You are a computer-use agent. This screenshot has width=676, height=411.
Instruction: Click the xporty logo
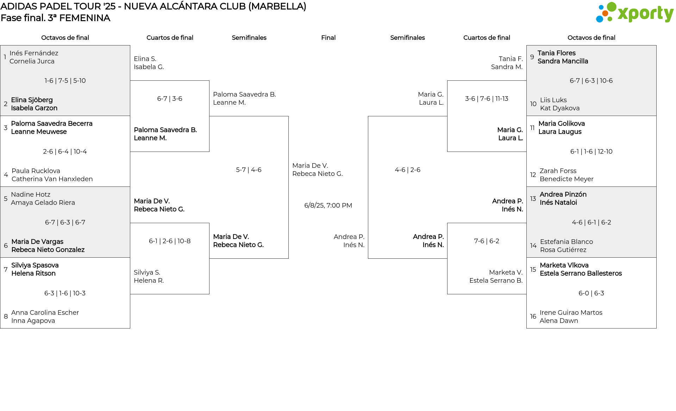coord(634,13)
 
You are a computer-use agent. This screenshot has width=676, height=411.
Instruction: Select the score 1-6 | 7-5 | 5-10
coord(65,81)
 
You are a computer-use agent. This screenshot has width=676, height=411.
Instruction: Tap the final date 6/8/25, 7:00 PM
coord(328,205)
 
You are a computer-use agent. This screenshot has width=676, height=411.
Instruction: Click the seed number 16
coord(533,317)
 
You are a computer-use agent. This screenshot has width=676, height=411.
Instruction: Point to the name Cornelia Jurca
coord(32,61)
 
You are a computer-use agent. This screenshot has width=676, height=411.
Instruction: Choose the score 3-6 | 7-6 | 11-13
coord(487,99)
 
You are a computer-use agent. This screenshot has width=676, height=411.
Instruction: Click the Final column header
coord(328,38)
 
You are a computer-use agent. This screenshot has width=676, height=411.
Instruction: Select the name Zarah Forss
coord(558,171)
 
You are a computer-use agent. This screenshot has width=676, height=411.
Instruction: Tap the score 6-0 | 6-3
coord(591,293)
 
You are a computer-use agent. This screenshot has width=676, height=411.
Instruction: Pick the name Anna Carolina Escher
coord(45,313)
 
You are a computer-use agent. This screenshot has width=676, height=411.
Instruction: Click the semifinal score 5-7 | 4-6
coord(249,170)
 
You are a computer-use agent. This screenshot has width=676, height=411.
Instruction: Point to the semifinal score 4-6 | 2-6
coord(407,170)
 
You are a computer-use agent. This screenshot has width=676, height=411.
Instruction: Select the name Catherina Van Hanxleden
coord(52,179)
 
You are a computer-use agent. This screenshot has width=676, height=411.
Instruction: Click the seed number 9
coord(532,57)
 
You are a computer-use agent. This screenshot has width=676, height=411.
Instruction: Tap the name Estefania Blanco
coord(567,242)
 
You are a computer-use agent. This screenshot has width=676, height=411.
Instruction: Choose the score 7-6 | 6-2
coord(487,241)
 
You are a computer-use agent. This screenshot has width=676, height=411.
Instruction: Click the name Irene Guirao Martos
coord(571,313)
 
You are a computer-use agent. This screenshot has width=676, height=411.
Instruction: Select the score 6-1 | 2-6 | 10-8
coord(170,241)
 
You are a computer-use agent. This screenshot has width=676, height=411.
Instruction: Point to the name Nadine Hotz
coord(31,195)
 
